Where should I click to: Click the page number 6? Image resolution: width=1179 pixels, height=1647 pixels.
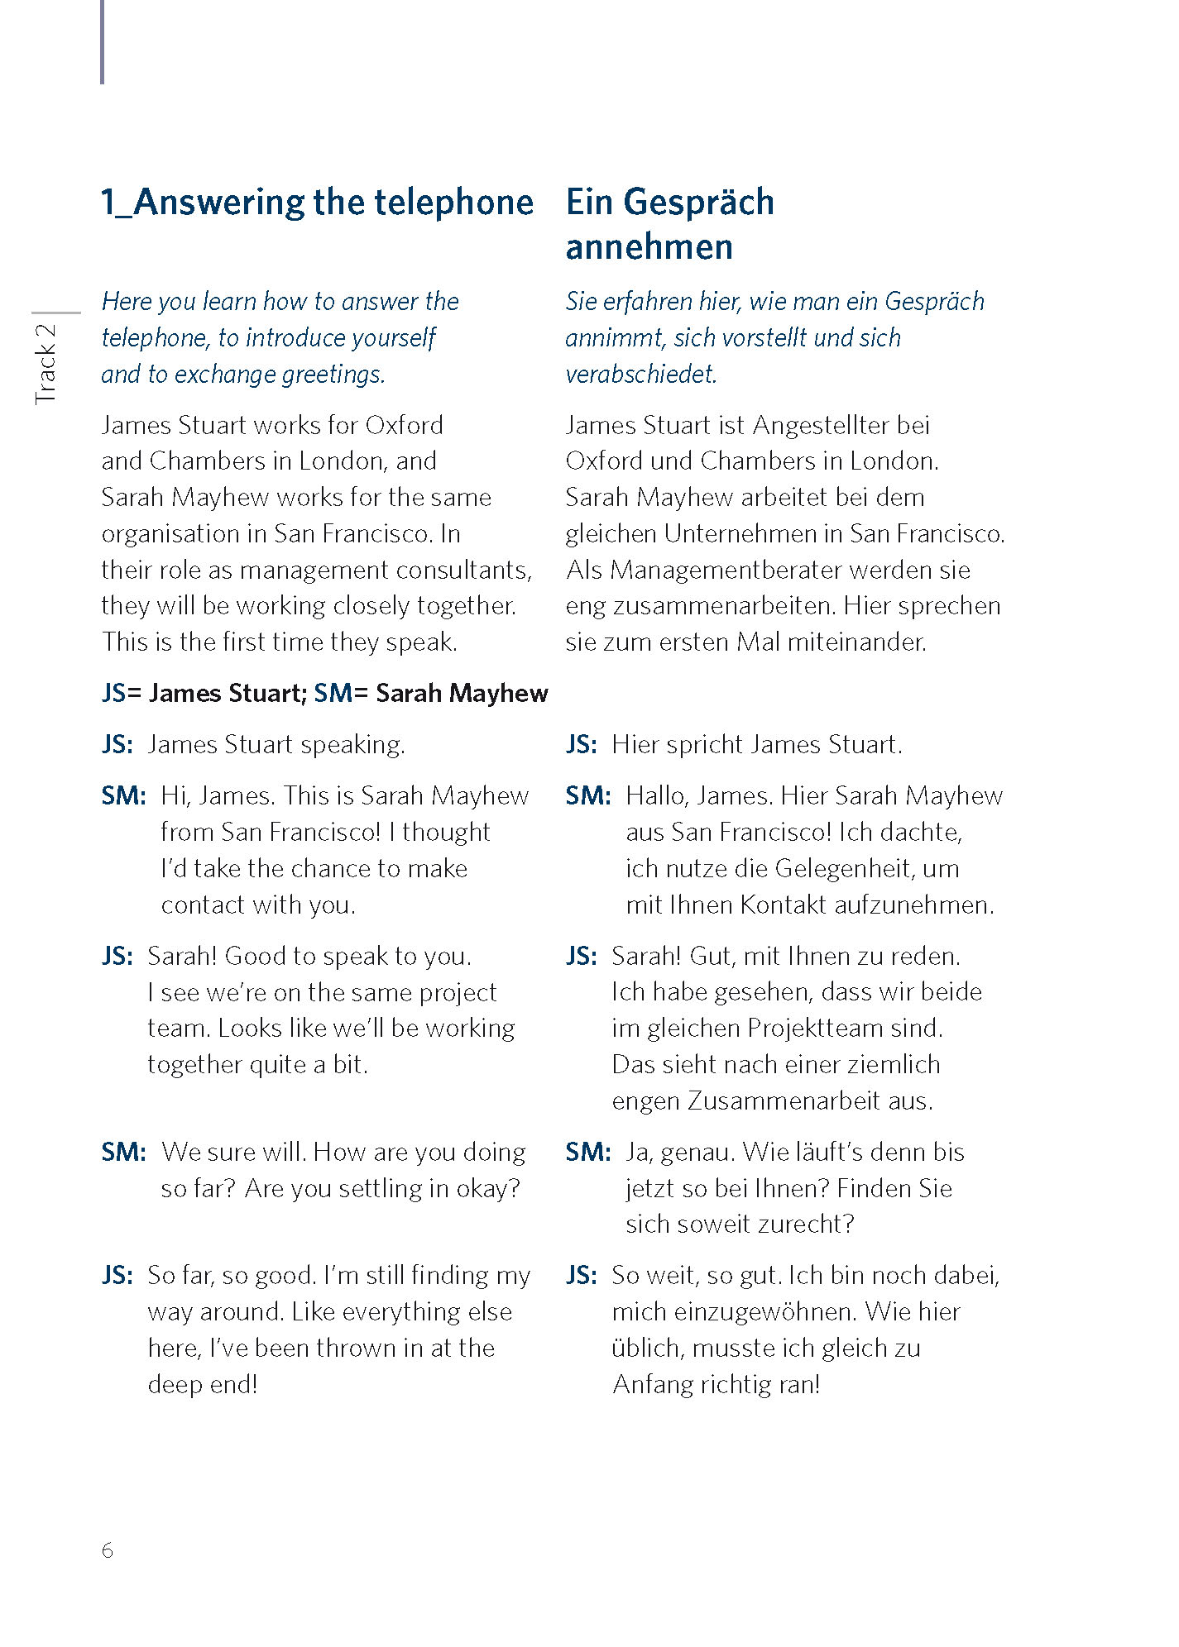click(x=107, y=1550)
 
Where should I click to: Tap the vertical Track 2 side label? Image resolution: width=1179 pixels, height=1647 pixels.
click(x=46, y=364)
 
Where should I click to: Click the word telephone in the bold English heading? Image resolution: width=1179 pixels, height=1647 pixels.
click(x=453, y=203)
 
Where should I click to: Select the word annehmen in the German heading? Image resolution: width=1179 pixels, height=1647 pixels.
click(x=649, y=247)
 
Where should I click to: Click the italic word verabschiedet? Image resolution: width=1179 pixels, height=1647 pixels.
click(x=640, y=375)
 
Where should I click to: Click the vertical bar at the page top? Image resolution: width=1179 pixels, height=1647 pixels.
click(x=102, y=41)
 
